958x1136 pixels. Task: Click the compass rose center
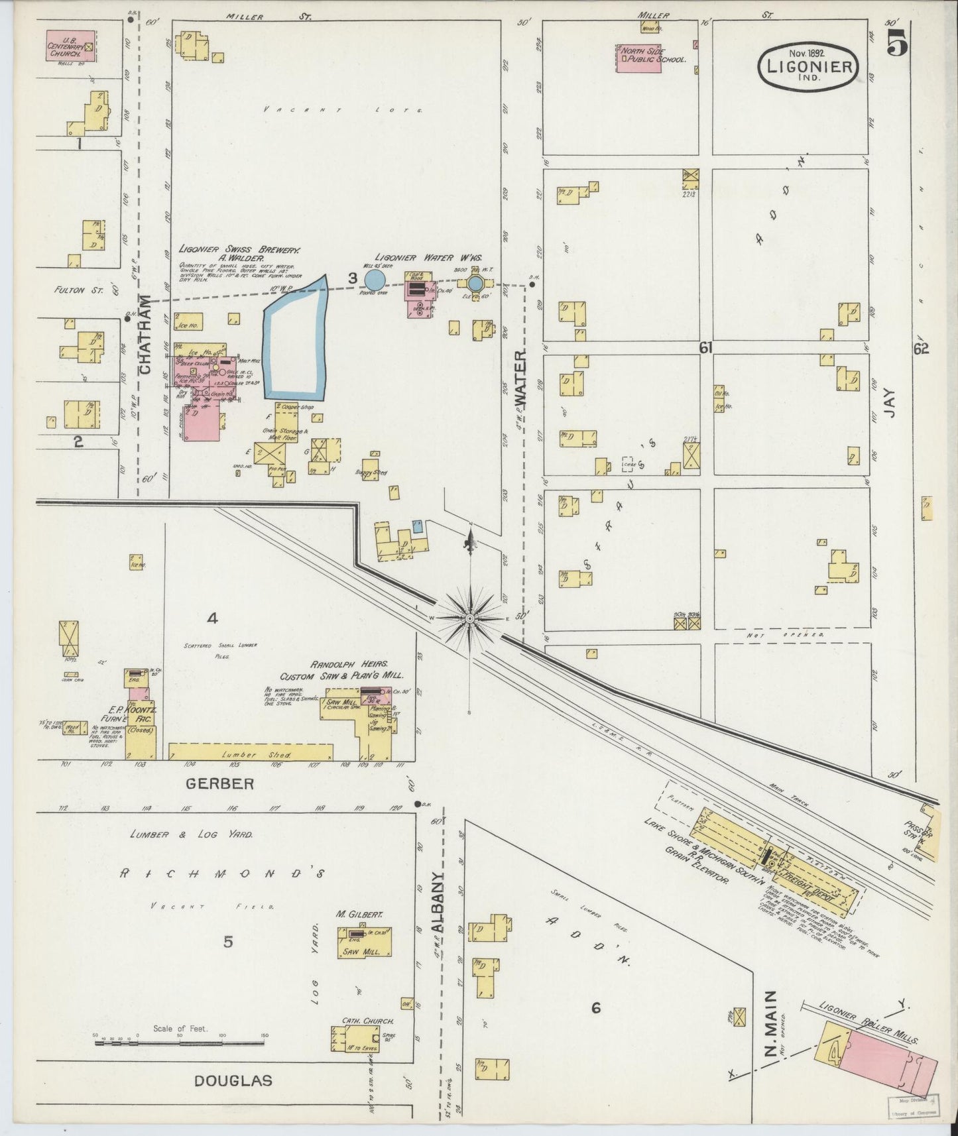[x=469, y=618]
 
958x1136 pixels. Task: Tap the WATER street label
[x=521, y=378]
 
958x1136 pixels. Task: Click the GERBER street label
[x=219, y=783]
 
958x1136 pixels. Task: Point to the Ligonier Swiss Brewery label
[x=239, y=250]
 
